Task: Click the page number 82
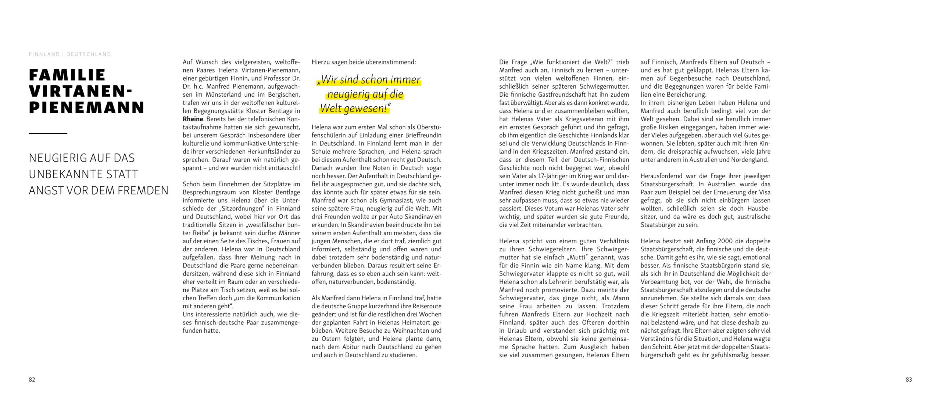pyautogui.click(x=32, y=380)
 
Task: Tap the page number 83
pyautogui.click(x=909, y=380)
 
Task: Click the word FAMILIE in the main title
pyautogui.click(x=67, y=75)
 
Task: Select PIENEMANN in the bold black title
pyautogui.click(x=87, y=107)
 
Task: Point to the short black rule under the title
pyautogui.click(x=48, y=133)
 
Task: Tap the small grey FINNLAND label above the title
pyautogui.click(x=44, y=54)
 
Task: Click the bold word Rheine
pyautogui.click(x=193, y=119)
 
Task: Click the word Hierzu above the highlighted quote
pyautogui.click(x=321, y=62)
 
